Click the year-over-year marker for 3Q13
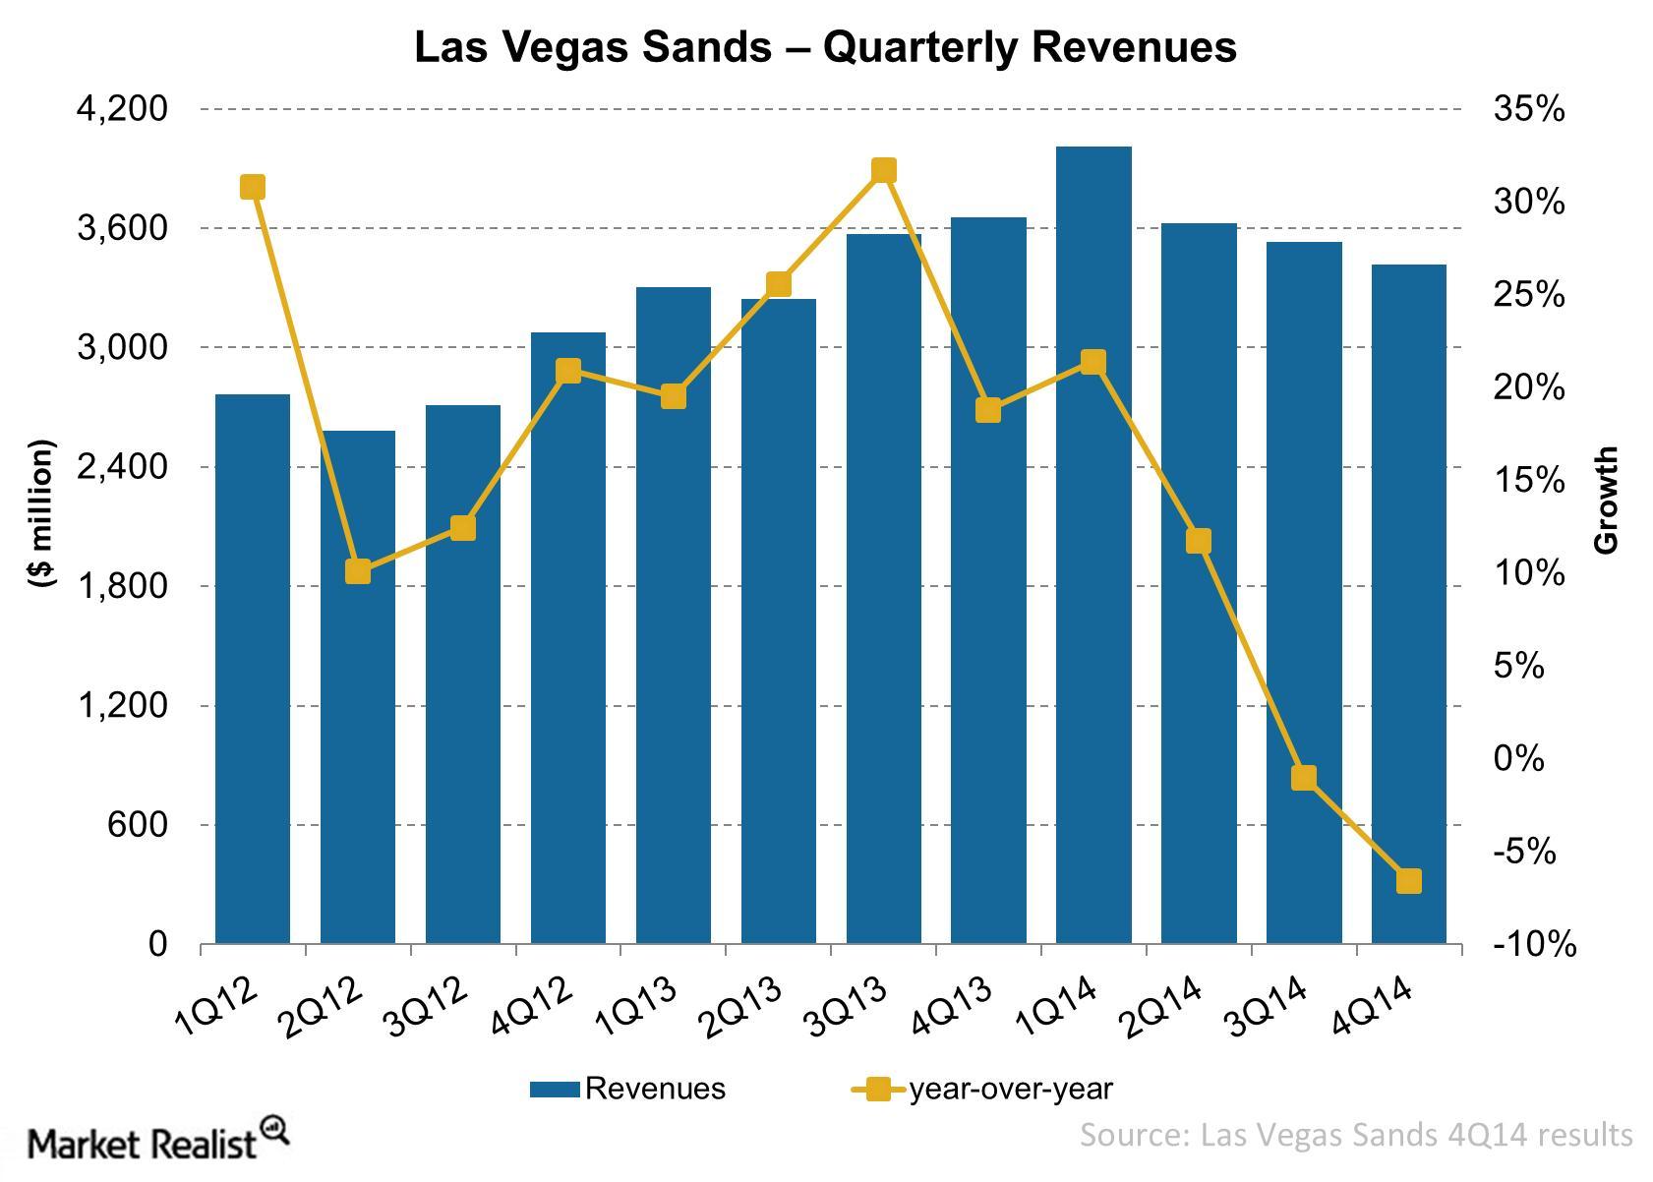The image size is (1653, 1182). click(883, 171)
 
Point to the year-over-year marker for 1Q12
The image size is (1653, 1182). click(253, 188)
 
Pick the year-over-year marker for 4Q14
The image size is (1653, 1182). click(1408, 881)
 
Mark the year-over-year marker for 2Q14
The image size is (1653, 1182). click(1198, 541)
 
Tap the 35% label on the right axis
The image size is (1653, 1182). click(1528, 109)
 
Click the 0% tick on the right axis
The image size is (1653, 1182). click(1518, 758)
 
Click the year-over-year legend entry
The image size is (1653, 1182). click(983, 1089)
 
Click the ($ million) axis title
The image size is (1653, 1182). click(41, 513)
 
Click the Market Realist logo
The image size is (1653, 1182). click(157, 1142)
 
